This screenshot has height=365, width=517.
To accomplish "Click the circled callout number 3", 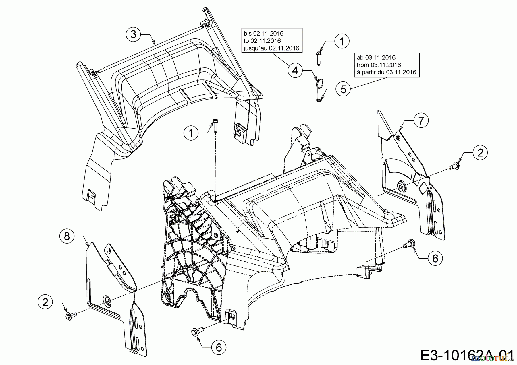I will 133,34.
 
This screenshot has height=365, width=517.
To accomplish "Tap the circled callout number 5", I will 344,89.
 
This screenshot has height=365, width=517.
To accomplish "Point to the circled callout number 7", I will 421,121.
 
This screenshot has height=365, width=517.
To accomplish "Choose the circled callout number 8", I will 67,236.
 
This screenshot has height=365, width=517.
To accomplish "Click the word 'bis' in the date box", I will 248,34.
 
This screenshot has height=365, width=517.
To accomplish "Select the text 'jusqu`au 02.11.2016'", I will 271,48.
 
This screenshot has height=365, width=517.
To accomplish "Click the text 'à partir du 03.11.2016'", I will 386,72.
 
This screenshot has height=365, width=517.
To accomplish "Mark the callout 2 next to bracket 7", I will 480,152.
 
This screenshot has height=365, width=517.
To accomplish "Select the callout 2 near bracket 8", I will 45,303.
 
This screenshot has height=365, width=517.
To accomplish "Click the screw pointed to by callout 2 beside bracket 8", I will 69,316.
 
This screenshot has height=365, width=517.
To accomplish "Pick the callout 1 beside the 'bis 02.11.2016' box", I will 342,42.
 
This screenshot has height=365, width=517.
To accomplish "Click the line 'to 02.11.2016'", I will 262,41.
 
